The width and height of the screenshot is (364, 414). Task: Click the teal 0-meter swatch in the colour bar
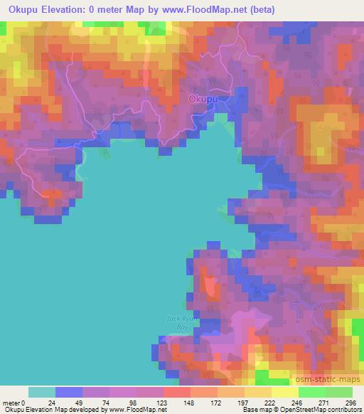tap(42, 392)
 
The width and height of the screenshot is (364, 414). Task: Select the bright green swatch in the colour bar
tap(312, 392)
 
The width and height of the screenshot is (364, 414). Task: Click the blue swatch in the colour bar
tap(69, 392)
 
